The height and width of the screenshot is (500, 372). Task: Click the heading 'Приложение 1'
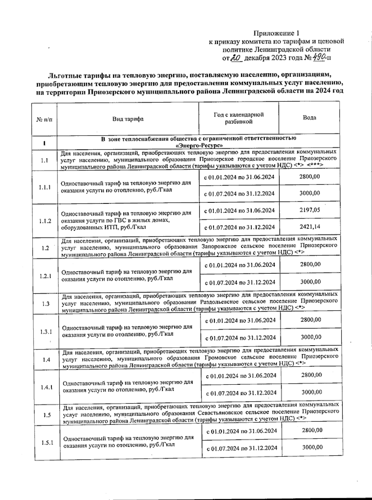tap(277, 33)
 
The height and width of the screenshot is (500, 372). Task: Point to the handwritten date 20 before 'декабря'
tap(237, 58)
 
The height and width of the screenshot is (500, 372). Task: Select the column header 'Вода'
tap(309, 118)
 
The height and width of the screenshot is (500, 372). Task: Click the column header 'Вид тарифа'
tap(128, 119)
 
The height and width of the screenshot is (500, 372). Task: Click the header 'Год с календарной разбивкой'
tap(239, 118)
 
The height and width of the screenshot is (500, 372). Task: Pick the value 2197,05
tap(310, 210)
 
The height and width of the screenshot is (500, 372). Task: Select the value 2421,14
tap(310, 226)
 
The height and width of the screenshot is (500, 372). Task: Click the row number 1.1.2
tap(45, 221)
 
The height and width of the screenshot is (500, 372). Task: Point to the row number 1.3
tap(46, 304)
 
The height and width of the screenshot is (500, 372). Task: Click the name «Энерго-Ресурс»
tap(199, 145)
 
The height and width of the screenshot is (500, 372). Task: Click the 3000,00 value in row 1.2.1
tap(311, 282)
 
